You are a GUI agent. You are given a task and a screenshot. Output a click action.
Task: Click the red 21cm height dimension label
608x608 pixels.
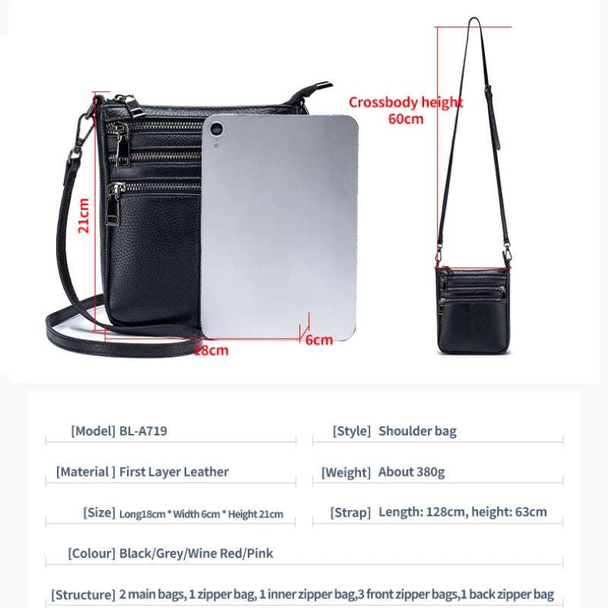[x=84, y=216]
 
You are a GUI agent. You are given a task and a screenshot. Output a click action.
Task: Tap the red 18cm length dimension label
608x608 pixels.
[x=211, y=350]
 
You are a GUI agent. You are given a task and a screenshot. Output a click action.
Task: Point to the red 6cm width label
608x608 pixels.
[x=319, y=340]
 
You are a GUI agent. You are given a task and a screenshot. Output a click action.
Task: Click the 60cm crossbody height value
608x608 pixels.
[x=406, y=119]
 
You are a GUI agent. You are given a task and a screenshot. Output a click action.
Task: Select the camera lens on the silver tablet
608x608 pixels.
[x=217, y=128]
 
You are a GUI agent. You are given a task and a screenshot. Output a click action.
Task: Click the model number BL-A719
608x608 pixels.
[x=143, y=431]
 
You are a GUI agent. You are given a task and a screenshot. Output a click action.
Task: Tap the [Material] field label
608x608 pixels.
[x=86, y=472]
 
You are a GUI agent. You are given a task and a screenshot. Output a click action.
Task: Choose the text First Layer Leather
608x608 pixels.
[x=174, y=471]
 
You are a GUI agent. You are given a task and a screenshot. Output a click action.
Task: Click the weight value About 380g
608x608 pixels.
[x=411, y=472]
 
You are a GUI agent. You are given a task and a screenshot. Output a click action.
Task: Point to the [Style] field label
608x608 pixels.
[x=352, y=431]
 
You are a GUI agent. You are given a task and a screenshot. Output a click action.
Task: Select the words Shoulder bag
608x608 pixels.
[x=417, y=431]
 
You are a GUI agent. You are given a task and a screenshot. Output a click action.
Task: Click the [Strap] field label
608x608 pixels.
[x=350, y=512]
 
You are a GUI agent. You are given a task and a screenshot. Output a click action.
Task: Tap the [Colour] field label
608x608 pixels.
[x=91, y=553]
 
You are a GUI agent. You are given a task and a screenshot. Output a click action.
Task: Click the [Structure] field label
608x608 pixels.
[x=84, y=594]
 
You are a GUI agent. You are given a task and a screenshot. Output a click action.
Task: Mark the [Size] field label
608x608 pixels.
[x=100, y=512]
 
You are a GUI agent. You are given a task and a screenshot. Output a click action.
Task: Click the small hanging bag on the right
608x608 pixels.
[x=473, y=309]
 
